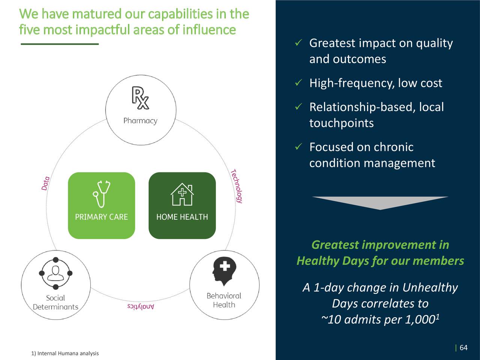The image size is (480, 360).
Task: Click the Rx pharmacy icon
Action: [140, 98]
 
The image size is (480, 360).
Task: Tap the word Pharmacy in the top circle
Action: [140, 121]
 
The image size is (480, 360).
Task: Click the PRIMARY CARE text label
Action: [101, 217]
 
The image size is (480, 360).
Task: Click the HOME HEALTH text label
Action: [182, 217]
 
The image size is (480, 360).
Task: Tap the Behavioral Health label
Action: [224, 300]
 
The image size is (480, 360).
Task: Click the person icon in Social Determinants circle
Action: [55, 273]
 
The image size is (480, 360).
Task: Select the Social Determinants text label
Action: [55, 303]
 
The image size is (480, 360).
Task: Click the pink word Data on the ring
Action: [45, 183]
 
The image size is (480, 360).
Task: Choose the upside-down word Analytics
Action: [141, 307]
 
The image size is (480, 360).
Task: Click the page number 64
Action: [463, 348]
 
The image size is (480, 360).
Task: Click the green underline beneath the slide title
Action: [60, 44]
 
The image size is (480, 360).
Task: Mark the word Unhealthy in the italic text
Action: [430, 288]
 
